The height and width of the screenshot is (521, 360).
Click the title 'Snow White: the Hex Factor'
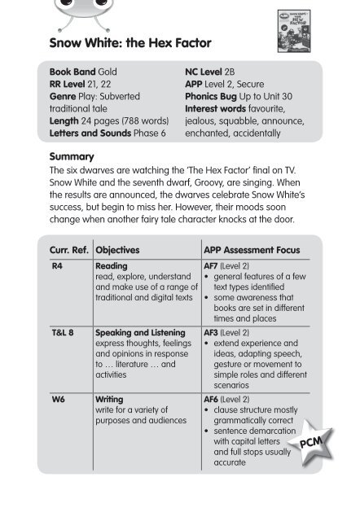pos(131,42)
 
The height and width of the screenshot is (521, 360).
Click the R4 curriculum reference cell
pos(57,265)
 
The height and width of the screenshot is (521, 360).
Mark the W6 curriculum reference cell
pos(58,401)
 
